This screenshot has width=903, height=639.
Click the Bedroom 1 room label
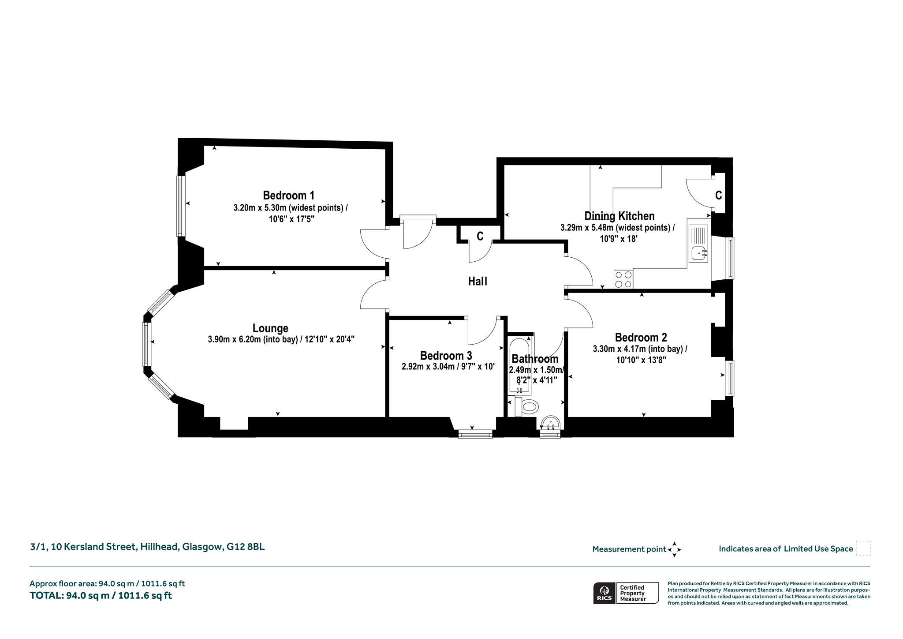(288, 195)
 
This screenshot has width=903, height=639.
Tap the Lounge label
(270, 328)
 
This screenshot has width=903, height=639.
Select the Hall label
(478, 281)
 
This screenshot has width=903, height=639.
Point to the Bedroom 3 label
(446, 356)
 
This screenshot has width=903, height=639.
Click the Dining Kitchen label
(619, 216)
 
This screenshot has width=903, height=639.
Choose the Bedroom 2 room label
(641, 338)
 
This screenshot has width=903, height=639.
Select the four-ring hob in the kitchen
(623, 279)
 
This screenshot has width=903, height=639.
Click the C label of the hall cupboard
(480, 237)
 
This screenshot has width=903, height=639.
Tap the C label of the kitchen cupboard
(718, 195)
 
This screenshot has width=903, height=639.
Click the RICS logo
(604, 593)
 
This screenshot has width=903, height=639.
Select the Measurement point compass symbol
(675, 549)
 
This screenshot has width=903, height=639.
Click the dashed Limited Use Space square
(863, 548)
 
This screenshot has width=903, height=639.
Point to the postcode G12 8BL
(246, 547)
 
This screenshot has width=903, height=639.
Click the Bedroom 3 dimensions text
(448, 366)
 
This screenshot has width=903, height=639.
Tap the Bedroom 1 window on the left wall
(180, 206)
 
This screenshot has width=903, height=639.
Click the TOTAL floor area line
(101, 596)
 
